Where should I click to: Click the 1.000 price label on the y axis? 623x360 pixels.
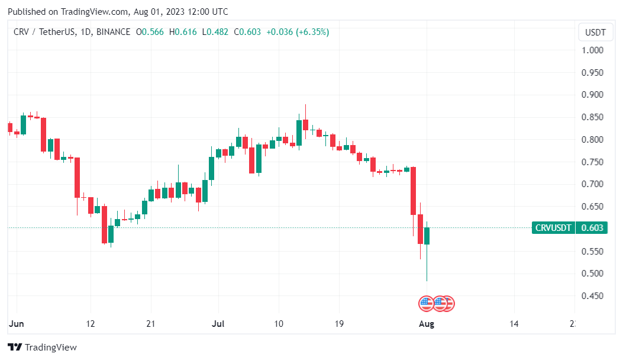(x=592, y=50)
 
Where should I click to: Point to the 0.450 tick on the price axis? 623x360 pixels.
(x=592, y=296)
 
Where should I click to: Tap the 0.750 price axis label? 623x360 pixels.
(x=592, y=162)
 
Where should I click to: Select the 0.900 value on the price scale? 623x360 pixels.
(x=592, y=95)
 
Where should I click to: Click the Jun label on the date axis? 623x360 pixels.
(x=16, y=324)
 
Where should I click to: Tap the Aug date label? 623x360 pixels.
(x=427, y=324)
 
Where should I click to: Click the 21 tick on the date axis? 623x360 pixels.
(x=150, y=324)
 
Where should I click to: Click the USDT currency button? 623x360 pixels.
(x=595, y=32)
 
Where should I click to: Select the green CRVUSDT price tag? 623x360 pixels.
(x=554, y=228)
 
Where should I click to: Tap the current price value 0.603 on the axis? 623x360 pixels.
(x=592, y=228)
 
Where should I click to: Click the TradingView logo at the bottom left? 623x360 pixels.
(x=42, y=348)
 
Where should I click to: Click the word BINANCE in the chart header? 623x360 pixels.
(x=112, y=31)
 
